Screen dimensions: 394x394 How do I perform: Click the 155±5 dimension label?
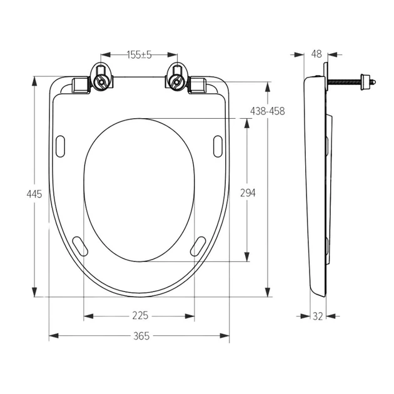[139, 55]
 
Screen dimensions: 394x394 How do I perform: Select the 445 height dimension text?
[34, 194]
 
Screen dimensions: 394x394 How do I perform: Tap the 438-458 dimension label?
[268, 111]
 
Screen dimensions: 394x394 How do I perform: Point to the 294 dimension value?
[248, 193]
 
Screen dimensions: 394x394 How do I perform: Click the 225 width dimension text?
[140, 316]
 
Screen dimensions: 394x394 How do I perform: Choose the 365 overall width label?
[141, 336]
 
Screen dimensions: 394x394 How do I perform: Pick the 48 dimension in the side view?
[316, 54]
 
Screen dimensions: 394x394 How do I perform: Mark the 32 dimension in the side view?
[318, 316]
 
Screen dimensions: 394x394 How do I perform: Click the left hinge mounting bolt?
[101, 81]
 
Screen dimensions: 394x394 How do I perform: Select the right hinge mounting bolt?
[177, 81]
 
